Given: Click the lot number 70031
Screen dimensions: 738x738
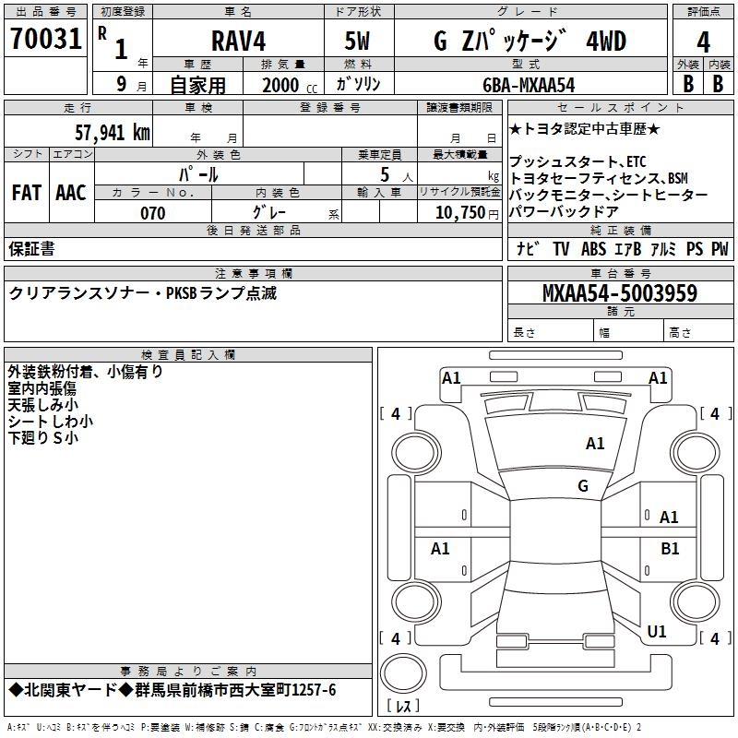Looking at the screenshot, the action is pos(46,40).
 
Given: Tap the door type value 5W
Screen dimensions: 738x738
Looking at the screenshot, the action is pos(358,42).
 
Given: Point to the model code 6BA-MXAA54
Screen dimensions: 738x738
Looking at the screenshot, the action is pos(529,84).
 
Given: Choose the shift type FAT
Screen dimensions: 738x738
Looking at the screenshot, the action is pos(26,193).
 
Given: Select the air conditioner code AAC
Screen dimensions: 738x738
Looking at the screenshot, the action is pos(71,193).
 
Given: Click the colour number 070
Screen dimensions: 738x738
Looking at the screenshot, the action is pos(152,213).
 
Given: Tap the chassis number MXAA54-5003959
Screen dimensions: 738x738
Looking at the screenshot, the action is pos(619,294).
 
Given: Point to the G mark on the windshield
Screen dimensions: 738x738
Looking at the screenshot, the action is pos(582,486).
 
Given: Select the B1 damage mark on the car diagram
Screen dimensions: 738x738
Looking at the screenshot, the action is pos(670,548).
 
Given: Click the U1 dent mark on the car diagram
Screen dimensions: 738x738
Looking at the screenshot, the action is pos(657,631).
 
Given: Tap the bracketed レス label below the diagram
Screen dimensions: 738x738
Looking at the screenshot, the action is pos(402,707).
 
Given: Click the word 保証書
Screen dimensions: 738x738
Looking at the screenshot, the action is pos(31,248).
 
